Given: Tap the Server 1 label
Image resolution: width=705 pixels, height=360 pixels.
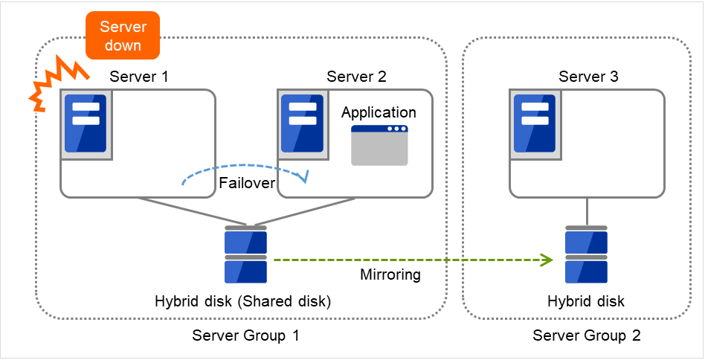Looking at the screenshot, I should coord(139,77).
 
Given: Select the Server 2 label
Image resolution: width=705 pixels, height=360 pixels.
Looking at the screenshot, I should coord(356,77).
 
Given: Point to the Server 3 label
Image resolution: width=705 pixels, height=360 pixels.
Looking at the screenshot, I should coord(588,77).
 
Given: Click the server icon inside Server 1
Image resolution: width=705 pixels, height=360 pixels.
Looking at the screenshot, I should coord(86,123).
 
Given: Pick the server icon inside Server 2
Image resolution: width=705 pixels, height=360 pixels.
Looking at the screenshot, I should coord(303,123).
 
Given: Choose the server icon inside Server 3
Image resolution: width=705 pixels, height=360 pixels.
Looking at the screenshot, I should coord(535,123).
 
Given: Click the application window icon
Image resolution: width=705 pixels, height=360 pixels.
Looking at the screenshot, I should coord(379,145).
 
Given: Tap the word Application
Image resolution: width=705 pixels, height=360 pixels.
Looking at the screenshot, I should coord(379,113).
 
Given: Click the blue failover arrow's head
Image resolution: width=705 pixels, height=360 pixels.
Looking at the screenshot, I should coord(303,177).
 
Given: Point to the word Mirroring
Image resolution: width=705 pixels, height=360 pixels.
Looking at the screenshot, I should coord(390,274).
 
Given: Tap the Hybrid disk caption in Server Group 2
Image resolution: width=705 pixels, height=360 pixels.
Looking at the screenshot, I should coord(586,301).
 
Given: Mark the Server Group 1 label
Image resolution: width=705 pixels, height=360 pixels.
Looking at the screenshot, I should coord(245,335).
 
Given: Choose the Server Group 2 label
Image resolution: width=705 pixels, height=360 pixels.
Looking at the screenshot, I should coord(587,335).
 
